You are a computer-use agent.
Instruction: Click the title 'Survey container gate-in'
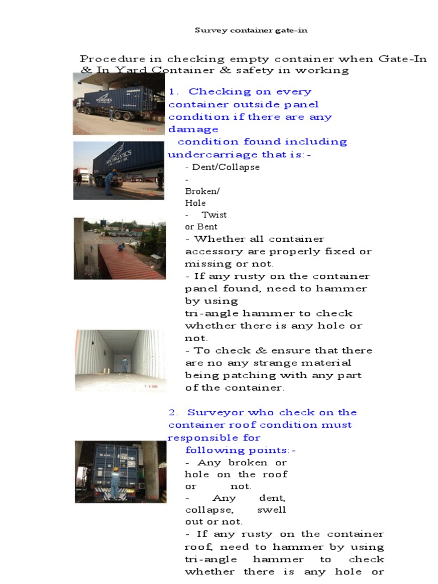click(251, 30)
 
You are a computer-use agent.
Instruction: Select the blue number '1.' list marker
click(174, 92)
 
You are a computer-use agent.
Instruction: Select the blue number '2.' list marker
click(174, 412)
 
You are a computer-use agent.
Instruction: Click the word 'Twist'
click(214, 215)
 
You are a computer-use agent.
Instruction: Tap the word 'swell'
click(271, 509)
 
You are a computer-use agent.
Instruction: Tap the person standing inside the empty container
click(124, 364)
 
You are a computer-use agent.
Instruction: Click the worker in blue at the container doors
click(116, 482)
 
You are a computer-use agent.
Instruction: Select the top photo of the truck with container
click(119, 103)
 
